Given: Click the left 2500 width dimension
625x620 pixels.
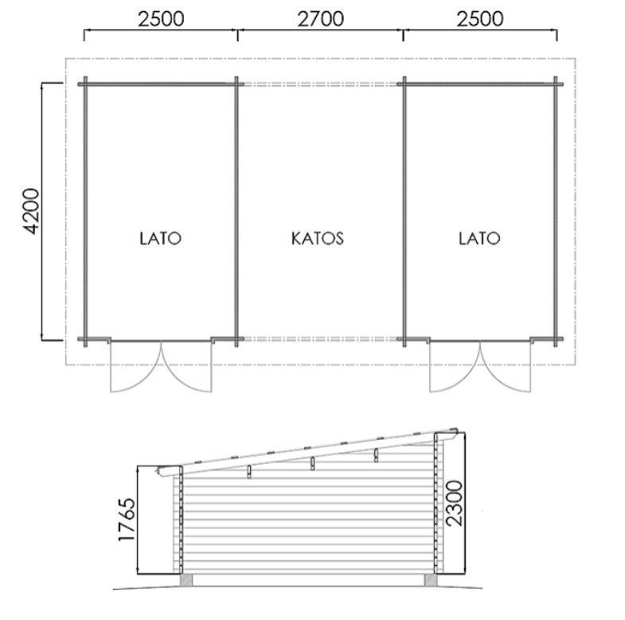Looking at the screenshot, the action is (161, 19).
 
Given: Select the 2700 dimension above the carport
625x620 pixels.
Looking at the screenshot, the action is (321, 19).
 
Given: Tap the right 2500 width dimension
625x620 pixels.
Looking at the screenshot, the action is (480, 19).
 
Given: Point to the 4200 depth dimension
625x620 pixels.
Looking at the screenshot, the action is (32, 211).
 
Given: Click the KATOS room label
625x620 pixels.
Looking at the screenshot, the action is (318, 238).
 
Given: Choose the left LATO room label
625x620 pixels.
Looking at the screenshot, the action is (161, 238).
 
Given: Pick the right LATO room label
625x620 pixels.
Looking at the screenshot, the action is (479, 238).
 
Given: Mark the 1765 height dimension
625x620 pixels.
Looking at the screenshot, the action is (127, 519).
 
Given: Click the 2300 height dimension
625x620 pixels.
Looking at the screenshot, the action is (455, 503).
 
